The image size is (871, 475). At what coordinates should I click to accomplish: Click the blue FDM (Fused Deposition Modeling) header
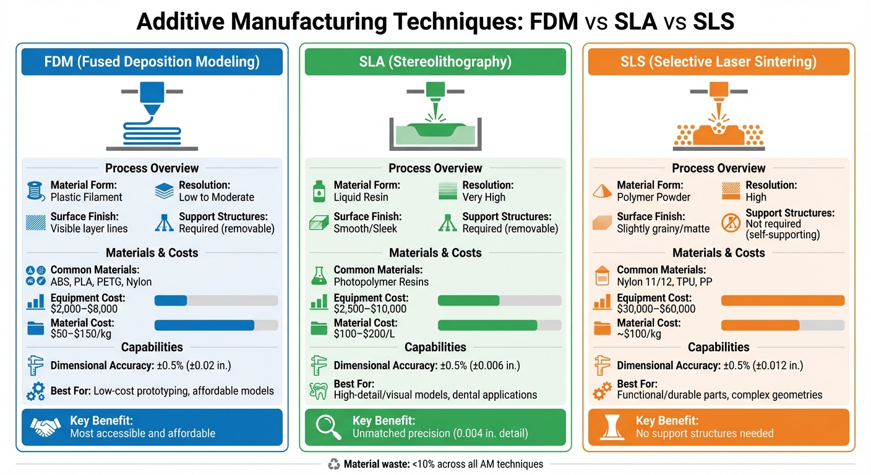coord(152,61)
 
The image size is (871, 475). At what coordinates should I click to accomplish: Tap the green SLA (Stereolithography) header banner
coord(435,61)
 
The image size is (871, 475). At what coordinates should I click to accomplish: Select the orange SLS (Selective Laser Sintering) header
coord(719,61)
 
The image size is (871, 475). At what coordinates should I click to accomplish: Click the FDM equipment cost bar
coord(216,301)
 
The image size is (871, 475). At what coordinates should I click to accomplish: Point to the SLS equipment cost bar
coord(783,301)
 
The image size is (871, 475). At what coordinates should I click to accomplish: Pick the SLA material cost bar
coord(500,325)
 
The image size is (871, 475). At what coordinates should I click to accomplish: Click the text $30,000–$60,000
coord(656,309)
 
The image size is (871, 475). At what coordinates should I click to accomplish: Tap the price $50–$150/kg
coord(81,334)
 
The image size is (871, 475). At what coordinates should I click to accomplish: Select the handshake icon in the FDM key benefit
coord(46,427)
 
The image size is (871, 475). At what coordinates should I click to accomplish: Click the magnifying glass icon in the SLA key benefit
coord(328,427)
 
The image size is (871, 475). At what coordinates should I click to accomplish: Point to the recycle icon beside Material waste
coord(333,464)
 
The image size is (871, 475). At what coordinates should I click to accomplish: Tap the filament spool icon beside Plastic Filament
coord(36,191)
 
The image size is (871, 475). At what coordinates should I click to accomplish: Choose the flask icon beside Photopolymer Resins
coord(319,276)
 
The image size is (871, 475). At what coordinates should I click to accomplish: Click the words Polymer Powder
coord(654,197)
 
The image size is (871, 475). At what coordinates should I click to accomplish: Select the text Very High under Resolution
coord(484,197)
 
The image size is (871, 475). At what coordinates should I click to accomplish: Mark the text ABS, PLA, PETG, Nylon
coord(101,282)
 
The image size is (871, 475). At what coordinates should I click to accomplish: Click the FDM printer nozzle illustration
coord(152,98)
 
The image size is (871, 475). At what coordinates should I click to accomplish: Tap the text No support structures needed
coord(705,434)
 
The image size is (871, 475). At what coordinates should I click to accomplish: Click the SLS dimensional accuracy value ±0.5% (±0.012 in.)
coord(763,366)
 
